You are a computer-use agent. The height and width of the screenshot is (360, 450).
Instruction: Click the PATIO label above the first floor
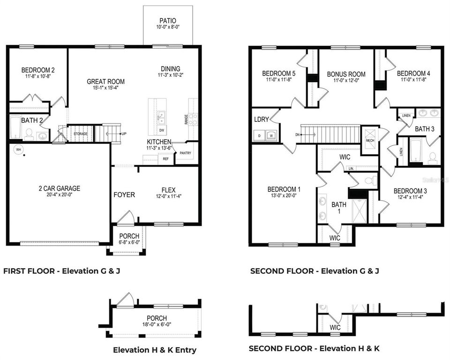pyautogui.click(x=167, y=21)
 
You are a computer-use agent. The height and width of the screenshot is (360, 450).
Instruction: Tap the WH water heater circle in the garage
pyautogui.click(x=19, y=150)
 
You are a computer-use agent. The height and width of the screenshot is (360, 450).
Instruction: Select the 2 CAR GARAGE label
pyautogui.click(x=59, y=188)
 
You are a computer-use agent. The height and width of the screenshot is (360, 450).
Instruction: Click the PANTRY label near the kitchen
pyautogui.click(x=185, y=153)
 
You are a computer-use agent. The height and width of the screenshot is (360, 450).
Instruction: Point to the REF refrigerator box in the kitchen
pyautogui.click(x=165, y=159)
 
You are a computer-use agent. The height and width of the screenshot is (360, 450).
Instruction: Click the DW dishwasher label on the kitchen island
pyautogui.click(x=161, y=130)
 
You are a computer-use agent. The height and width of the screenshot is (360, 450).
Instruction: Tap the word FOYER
pyautogui.click(x=124, y=195)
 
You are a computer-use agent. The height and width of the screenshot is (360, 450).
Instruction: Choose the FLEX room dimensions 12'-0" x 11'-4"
pyautogui.click(x=168, y=197)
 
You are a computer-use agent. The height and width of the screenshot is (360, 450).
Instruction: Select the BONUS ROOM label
pyautogui.click(x=346, y=74)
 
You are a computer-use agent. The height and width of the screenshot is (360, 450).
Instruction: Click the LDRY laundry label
pyautogui.click(x=261, y=120)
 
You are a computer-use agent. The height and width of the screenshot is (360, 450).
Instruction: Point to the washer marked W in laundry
pyautogui.click(x=271, y=135)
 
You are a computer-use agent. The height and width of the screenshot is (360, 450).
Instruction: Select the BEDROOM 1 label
pyautogui.click(x=284, y=189)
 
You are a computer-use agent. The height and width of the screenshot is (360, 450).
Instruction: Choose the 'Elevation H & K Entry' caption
pyautogui.click(x=155, y=350)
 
